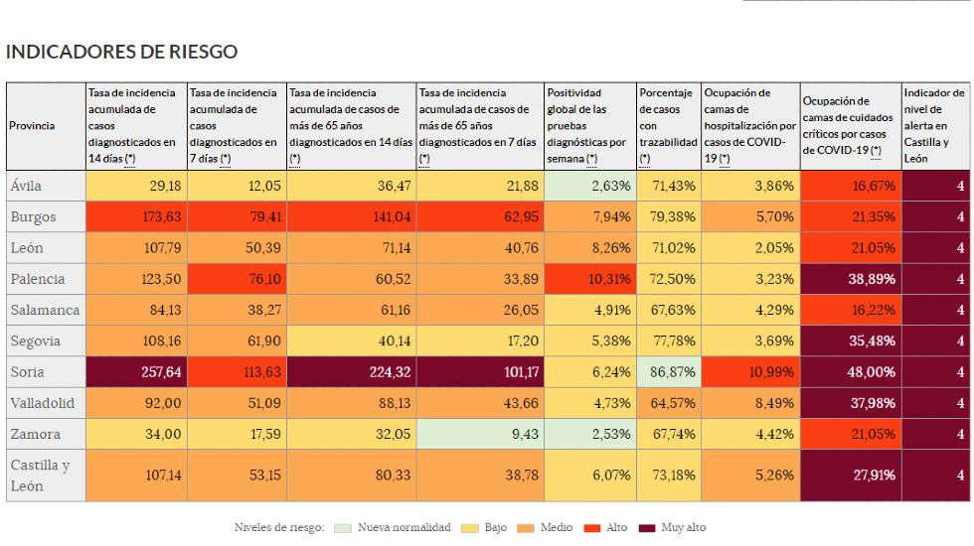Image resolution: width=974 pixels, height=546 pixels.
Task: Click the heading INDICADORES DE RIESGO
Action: (x=121, y=50)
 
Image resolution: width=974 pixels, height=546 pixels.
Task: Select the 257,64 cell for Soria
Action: (x=136, y=372)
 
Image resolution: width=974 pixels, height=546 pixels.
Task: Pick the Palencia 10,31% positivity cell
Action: (x=589, y=279)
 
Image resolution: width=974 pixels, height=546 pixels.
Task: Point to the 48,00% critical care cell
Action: (x=850, y=372)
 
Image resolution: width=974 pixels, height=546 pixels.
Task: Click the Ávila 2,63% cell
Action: (x=589, y=185)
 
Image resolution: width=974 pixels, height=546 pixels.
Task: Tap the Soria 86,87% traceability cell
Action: (x=667, y=372)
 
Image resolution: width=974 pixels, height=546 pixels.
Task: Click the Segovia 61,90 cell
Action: (x=235, y=341)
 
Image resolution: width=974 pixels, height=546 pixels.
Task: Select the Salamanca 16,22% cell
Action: (x=850, y=310)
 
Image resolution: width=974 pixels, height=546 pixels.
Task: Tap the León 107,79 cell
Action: (x=136, y=247)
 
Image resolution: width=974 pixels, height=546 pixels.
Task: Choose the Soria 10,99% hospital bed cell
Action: (x=749, y=372)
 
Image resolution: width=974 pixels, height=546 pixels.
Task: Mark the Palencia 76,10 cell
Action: (x=235, y=279)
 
